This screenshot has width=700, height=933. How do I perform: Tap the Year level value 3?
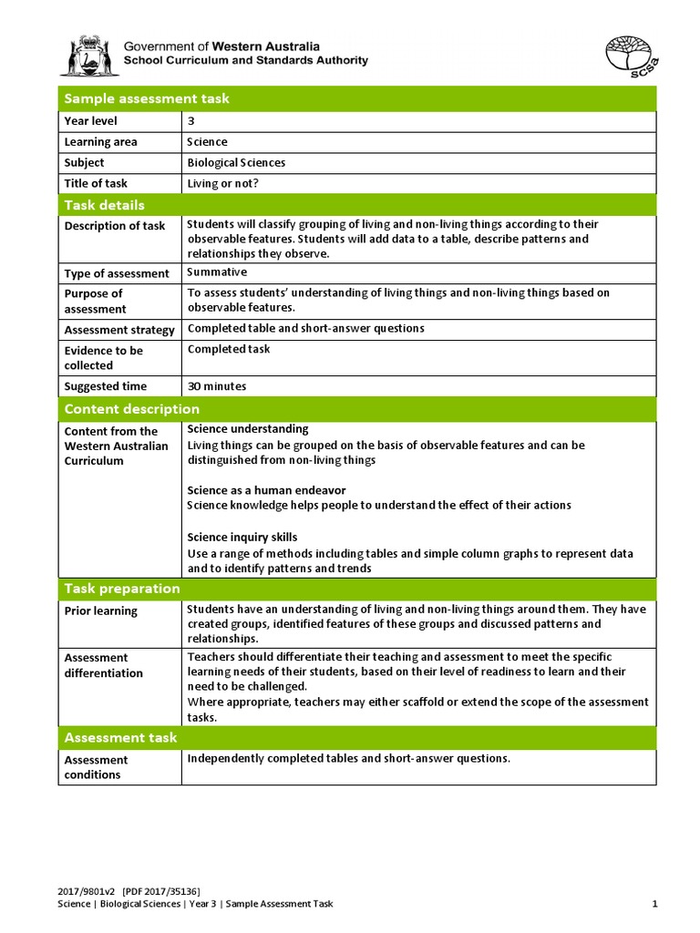pyautogui.click(x=191, y=121)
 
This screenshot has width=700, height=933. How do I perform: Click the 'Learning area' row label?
pyautogui.click(x=100, y=142)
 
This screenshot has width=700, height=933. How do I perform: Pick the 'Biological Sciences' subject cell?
pyautogui.click(x=236, y=163)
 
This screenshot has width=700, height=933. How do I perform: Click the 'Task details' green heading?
pyautogui.click(x=104, y=205)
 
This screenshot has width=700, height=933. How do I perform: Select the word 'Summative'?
pyautogui.click(x=217, y=272)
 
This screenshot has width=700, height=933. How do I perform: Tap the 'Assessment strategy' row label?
pyautogui.click(x=118, y=330)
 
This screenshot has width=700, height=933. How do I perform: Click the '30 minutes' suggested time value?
pyautogui.click(x=216, y=386)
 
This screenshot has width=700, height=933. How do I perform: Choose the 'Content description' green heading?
pyautogui.click(x=131, y=409)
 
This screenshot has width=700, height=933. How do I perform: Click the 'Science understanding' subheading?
pyautogui.click(x=247, y=429)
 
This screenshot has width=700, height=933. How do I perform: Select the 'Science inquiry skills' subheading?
pyautogui.click(x=242, y=537)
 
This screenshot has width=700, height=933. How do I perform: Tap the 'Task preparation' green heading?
pyautogui.click(x=121, y=589)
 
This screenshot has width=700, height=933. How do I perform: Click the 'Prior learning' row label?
pyautogui.click(x=100, y=611)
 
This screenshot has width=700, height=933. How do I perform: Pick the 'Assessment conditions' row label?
pyautogui.click(x=96, y=767)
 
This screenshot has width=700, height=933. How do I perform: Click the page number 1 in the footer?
pyautogui.click(x=654, y=904)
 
